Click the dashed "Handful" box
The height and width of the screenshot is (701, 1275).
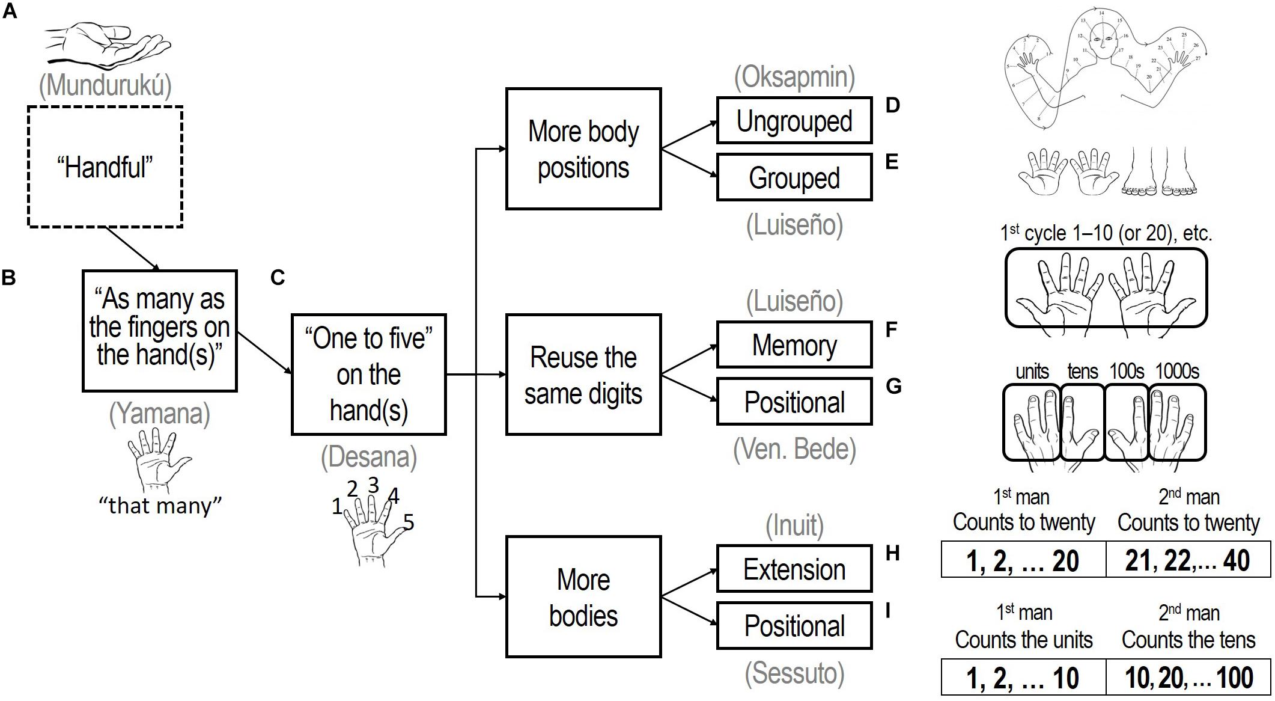(x=105, y=167)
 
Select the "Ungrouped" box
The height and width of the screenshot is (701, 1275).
(x=794, y=121)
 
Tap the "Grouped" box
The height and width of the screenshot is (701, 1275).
(x=794, y=177)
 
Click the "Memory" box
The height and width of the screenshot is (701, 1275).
(x=794, y=345)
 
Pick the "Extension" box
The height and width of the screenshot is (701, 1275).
(x=794, y=569)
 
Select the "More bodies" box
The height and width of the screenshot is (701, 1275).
(x=583, y=597)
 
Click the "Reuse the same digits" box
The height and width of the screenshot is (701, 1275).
(x=583, y=375)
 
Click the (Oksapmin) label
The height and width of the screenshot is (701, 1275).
(x=794, y=78)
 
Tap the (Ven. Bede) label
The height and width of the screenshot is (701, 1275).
(x=794, y=449)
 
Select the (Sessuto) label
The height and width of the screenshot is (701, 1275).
(x=794, y=673)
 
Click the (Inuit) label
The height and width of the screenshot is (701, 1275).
(x=794, y=526)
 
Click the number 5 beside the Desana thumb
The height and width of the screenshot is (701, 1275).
(x=409, y=522)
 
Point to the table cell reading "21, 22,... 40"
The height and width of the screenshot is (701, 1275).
(x=1188, y=560)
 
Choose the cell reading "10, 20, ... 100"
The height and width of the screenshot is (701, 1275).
(x=1188, y=678)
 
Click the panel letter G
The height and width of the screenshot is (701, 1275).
(x=893, y=387)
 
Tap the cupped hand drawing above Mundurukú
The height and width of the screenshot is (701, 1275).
(x=108, y=45)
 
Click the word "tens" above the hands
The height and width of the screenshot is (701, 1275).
(x=1082, y=372)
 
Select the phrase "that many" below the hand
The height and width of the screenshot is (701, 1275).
(x=160, y=506)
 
